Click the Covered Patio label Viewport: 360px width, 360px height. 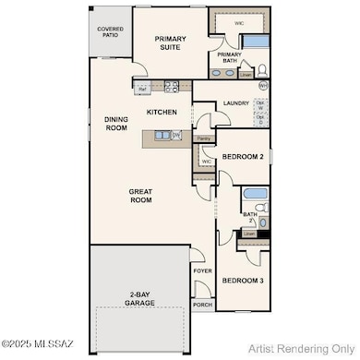111,33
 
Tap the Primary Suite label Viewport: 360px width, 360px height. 170,44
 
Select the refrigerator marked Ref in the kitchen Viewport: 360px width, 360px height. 141,89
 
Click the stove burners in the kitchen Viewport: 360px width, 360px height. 171,89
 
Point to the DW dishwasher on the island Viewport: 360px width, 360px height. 175,135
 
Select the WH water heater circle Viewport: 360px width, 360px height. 262,85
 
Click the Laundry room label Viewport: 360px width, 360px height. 235,104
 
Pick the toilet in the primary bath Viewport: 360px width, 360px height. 260,69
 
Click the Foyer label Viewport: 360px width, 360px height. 202,271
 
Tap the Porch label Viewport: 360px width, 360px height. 202,304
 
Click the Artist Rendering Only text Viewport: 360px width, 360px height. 306,348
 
